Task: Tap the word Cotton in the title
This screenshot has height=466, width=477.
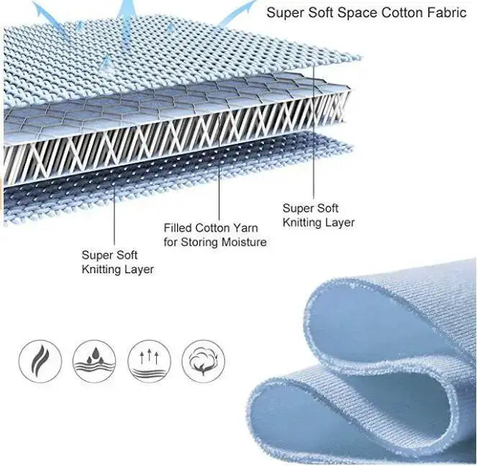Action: pyautogui.click(x=402, y=13)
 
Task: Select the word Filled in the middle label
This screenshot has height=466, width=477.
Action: pyautogui.click(x=178, y=228)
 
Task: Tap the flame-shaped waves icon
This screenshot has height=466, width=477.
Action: pyautogui.click(x=40, y=361)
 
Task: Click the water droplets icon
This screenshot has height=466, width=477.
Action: pyautogui.click(x=94, y=361)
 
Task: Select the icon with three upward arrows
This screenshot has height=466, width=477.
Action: pyautogui.click(x=149, y=361)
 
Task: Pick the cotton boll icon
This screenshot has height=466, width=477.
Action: pyautogui.click(x=203, y=361)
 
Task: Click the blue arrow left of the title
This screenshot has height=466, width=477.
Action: pyautogui.click(x=237, y=13)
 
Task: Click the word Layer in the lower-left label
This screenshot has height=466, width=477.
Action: pyautogui.click(x=141, y=270)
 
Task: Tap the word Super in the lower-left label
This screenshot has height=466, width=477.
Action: pyautogui.click(x=94, y=255)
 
